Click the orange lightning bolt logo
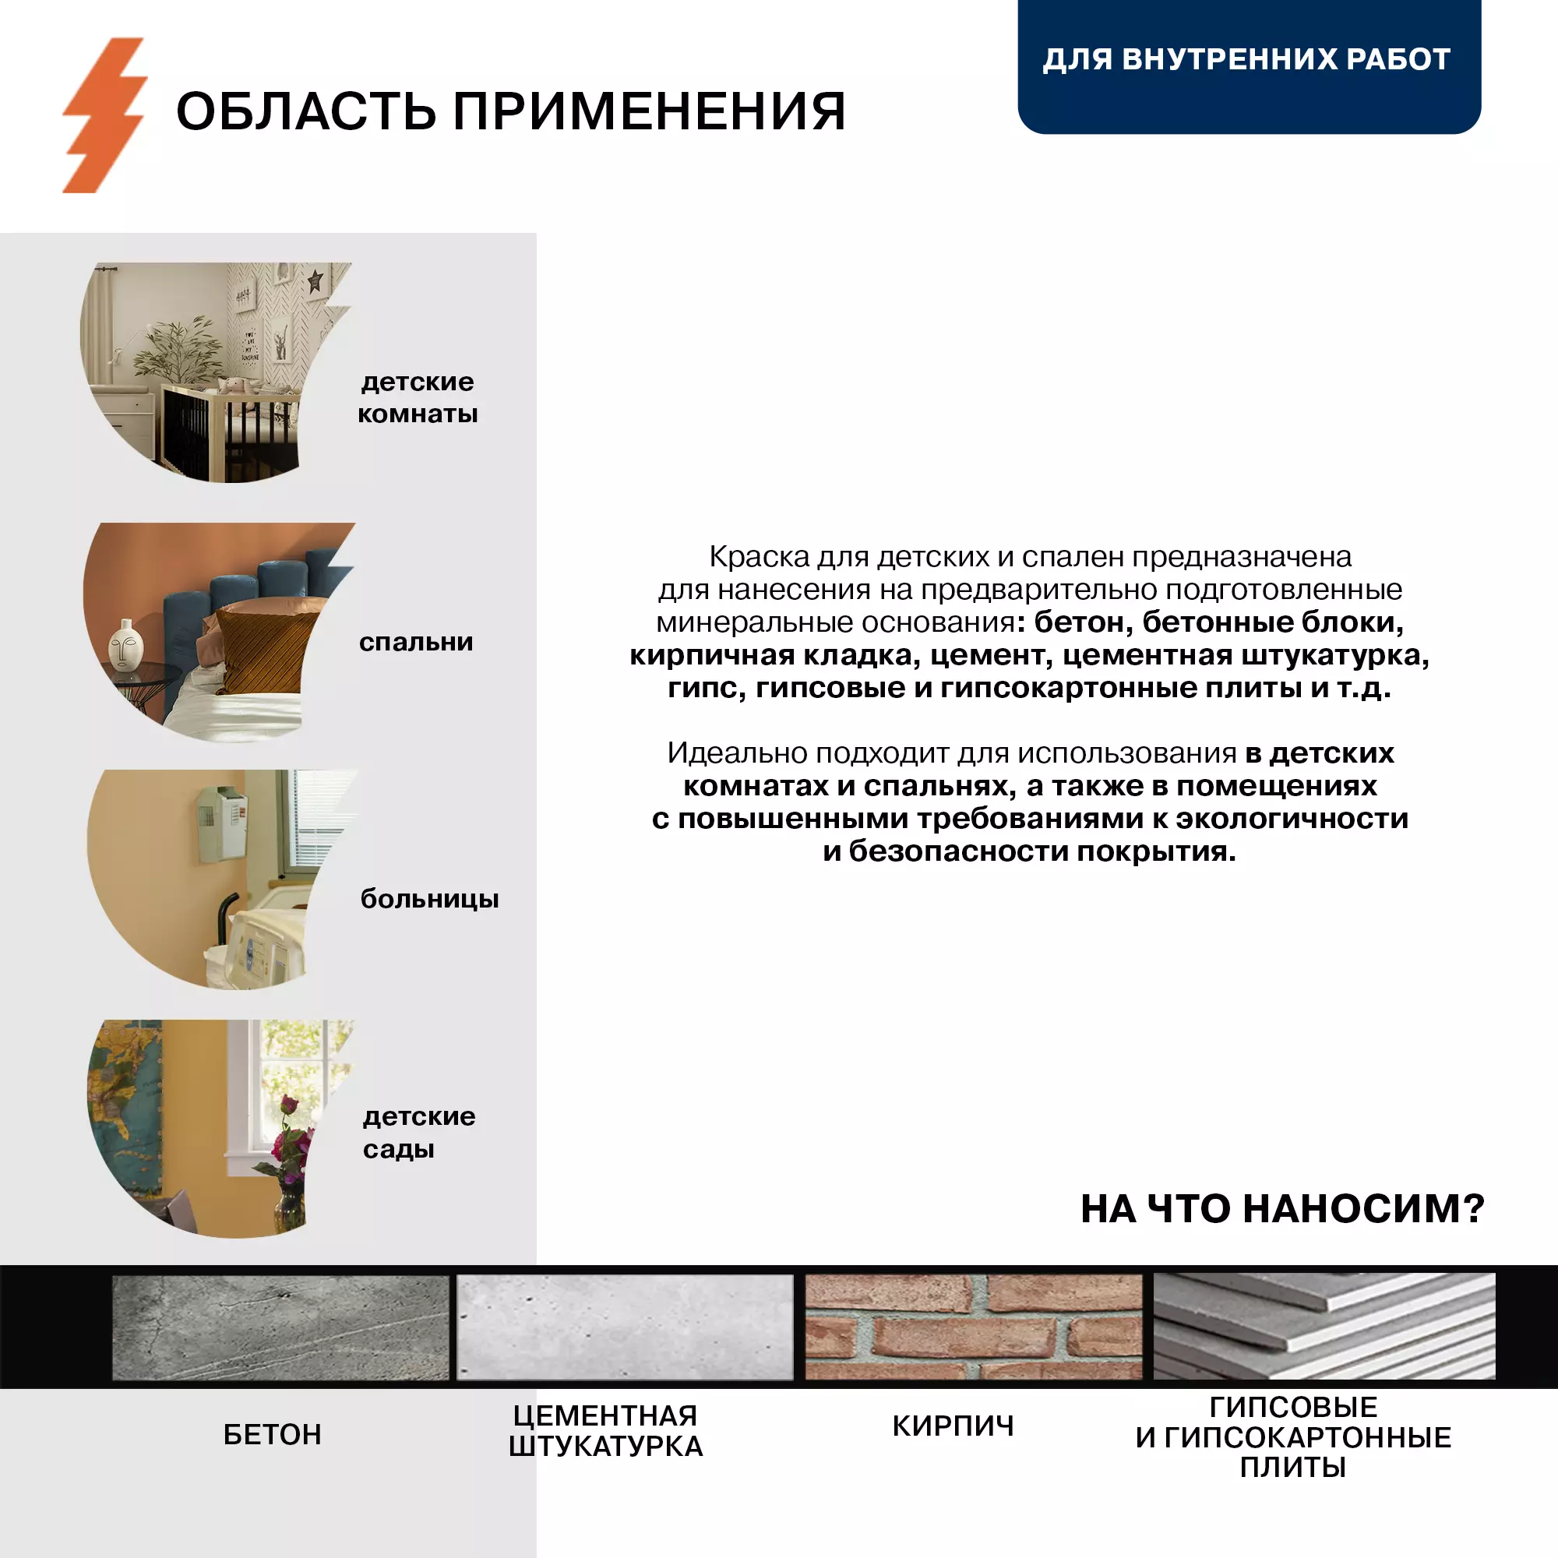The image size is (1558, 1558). coord(105,115)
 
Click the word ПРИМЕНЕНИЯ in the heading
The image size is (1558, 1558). coord(648,111)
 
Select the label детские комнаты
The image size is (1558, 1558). coord(418,397)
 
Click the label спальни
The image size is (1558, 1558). coord(416,642)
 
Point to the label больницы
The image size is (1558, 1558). coord(429,898)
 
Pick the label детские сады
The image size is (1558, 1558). coord(418,1132)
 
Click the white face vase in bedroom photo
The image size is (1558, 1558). coord(125,644)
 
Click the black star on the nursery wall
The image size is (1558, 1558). coord(315,282)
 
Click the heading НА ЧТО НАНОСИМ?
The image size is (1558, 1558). coord(1282,1209)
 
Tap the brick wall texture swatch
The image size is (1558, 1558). coord(973,1327)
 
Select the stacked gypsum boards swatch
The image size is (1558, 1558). coord(1324,1327)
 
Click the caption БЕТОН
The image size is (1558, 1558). coord(273,1435)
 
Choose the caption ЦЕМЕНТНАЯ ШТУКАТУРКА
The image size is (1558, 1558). coord(605,1430)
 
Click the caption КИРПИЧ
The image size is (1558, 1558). coord(953,1426)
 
